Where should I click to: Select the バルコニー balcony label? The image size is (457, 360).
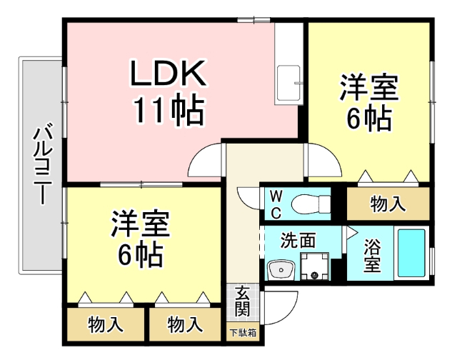click(x=41, y=164)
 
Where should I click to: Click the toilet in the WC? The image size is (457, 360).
click(x=308, y=201)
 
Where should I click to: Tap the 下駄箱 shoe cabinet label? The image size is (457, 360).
click(x=243, y=332)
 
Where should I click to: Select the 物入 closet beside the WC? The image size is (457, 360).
click(x=388, y=204)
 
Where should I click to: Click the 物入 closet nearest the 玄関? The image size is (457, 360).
click(x=185, y=324)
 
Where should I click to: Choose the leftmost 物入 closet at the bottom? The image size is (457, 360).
click(x=106, y=324)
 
